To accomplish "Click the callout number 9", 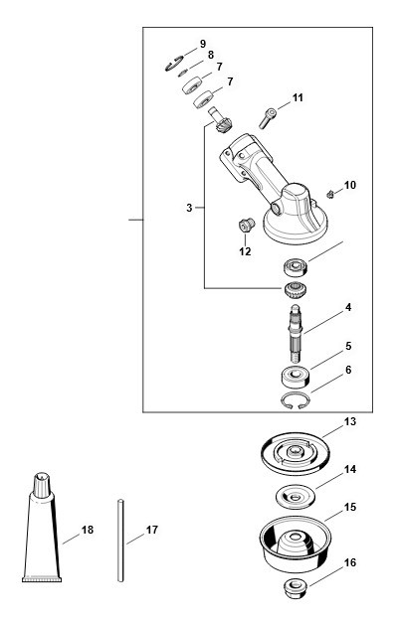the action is point(203,44).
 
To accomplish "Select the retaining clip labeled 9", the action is point(174,65).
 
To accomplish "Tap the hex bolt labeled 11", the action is point(267,118).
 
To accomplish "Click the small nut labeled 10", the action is point(329,194).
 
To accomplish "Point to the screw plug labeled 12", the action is point(247,226).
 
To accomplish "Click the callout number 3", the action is point(189,208).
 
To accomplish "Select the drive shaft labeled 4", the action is point(297,333).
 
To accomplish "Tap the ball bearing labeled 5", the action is point(296,377).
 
